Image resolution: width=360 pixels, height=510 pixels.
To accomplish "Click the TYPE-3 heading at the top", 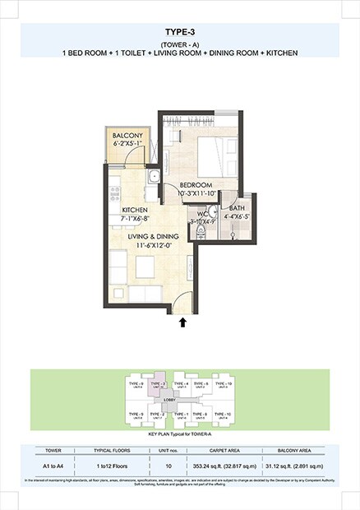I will [x=180, y=32].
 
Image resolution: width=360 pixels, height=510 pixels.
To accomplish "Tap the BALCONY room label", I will [x=128, y=136].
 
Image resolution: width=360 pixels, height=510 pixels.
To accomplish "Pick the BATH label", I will [x=237, y=208].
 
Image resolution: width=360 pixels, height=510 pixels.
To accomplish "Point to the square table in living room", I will [x=146, y=265].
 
